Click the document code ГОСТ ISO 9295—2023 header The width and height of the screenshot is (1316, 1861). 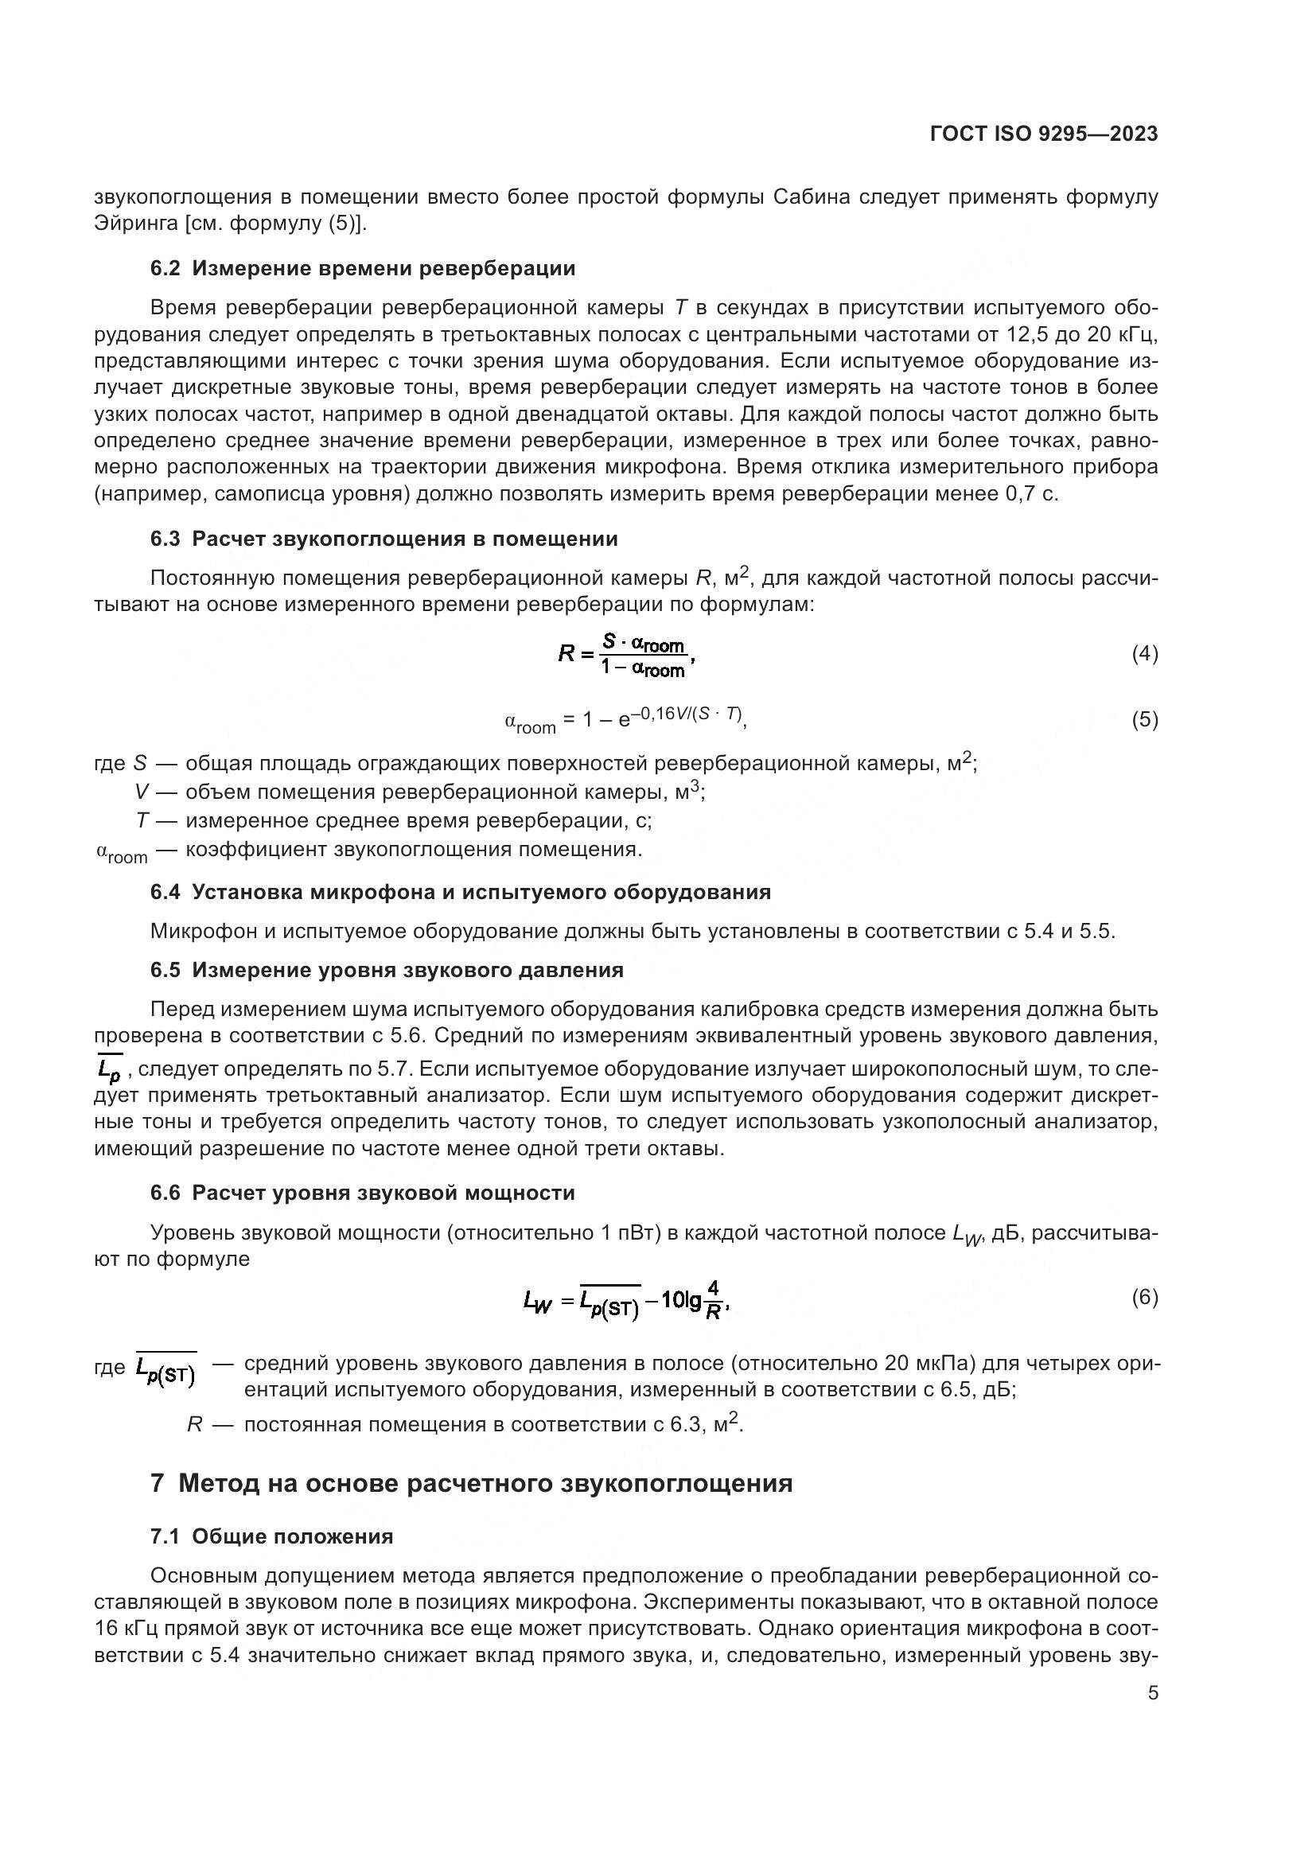(1044, 134)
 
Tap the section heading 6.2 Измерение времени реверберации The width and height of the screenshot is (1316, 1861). (362, 268)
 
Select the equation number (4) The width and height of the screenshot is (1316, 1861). (1144, 653)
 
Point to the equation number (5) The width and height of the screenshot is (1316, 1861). (1144, 720)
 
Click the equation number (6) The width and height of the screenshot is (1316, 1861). (1144, 1297)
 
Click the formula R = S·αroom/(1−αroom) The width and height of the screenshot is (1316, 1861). (627, 656)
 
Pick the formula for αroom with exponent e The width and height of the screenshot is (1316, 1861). (624, 720)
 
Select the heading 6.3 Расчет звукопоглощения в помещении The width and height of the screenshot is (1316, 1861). (384, 539)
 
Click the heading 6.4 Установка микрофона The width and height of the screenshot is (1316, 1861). (460, 893)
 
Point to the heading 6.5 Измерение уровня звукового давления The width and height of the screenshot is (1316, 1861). (387, 970)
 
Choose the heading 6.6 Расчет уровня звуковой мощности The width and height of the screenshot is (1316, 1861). (362, 1193)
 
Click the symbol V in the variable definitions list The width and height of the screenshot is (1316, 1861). (142, 792)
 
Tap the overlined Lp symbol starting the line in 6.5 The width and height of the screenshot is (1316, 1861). (108, 1071)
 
